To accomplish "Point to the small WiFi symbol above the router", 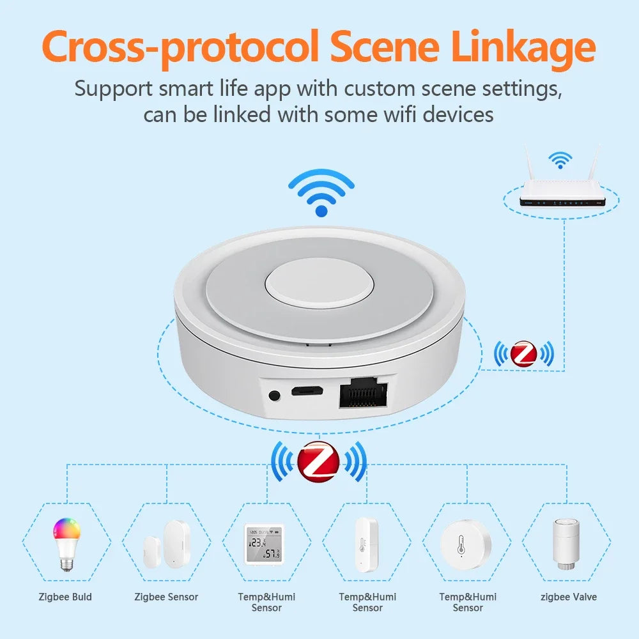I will (560, 160).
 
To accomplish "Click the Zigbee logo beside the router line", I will (523, 353).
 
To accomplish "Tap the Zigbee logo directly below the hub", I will (319, 461).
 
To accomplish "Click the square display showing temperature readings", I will (263, 543).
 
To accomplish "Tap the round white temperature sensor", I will (466, 543).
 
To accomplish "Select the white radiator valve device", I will (566, 543).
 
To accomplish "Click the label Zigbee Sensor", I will (166, 597).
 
